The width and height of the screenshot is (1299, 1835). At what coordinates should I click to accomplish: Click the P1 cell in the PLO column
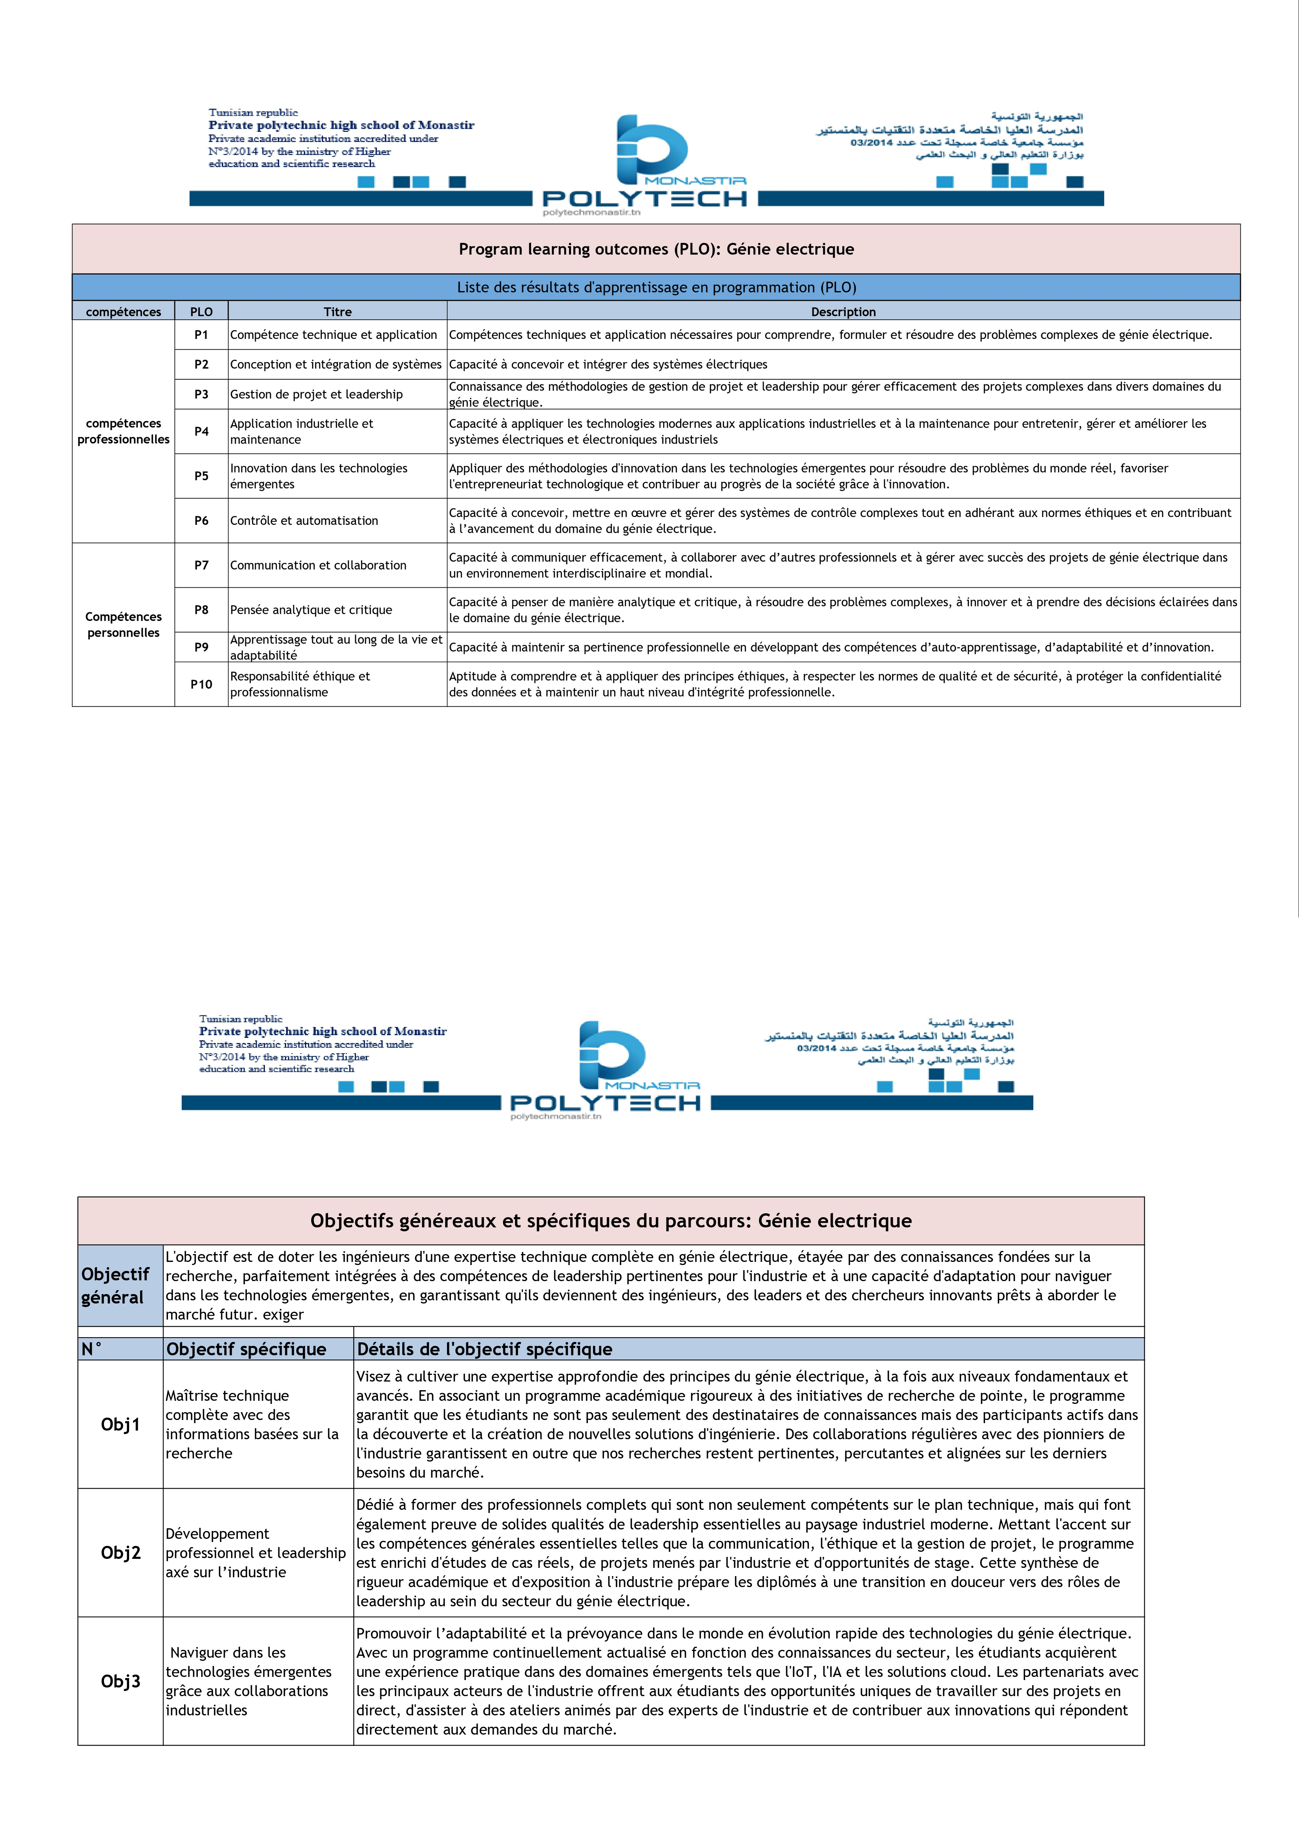[201, 335]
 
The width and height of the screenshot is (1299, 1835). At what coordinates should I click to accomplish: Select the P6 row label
[201, 521]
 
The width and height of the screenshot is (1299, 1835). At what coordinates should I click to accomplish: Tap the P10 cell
[201, 684]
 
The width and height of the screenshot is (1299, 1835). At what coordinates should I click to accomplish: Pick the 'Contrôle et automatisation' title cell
[304, 521]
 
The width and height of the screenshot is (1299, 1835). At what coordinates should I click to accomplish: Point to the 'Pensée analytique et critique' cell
[311, 610]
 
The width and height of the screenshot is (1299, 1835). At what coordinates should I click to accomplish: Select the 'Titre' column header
[338, 312]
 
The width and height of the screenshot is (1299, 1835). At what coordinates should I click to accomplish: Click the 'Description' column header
[843, 312]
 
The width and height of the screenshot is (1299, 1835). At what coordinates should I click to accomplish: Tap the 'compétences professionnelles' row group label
[123, 431]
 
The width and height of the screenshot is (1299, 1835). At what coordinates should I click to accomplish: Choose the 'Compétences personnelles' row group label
[123, 624]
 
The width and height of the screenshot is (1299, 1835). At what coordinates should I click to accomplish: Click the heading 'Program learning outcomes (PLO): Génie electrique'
[656, 249]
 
